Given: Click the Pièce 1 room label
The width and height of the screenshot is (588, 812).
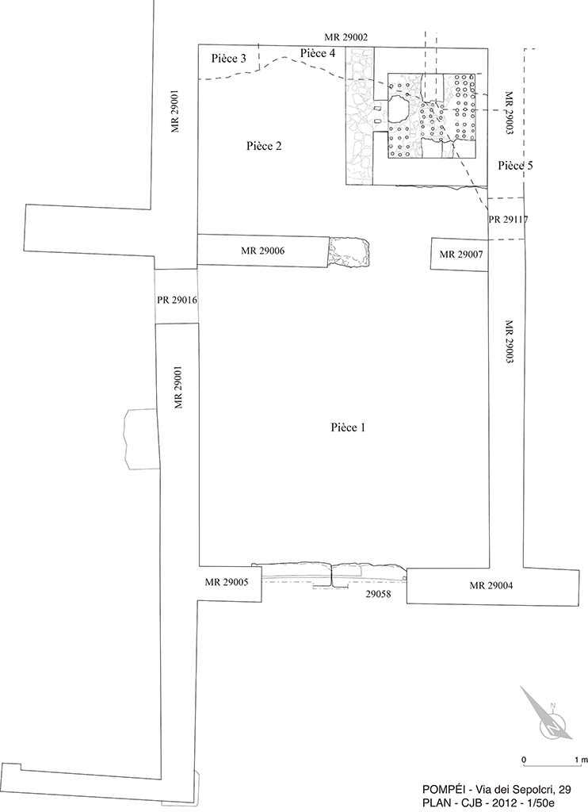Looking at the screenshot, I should coord(347,427).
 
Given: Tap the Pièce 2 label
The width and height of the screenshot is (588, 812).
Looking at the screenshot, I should coord(264,146).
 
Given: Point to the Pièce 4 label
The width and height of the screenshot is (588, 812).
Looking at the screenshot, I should coord(318,53).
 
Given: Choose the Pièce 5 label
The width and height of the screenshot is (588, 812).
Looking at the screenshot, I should coord(515,166).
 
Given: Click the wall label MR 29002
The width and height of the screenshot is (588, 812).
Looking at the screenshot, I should coord(346,37).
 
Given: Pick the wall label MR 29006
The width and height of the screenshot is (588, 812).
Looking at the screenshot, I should coord(262,251).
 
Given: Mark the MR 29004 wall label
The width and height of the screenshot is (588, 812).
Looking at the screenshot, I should coord(491,586).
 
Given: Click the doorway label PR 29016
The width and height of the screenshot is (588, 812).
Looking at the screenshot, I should coord(177,301).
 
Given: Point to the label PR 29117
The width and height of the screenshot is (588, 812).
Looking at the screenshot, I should coord(509,220).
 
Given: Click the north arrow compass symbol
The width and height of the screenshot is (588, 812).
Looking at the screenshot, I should coord(549,721).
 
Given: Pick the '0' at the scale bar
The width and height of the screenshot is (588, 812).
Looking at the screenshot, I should coord(524,760).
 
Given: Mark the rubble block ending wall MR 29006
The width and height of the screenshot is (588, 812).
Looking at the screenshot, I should coord(349,251).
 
